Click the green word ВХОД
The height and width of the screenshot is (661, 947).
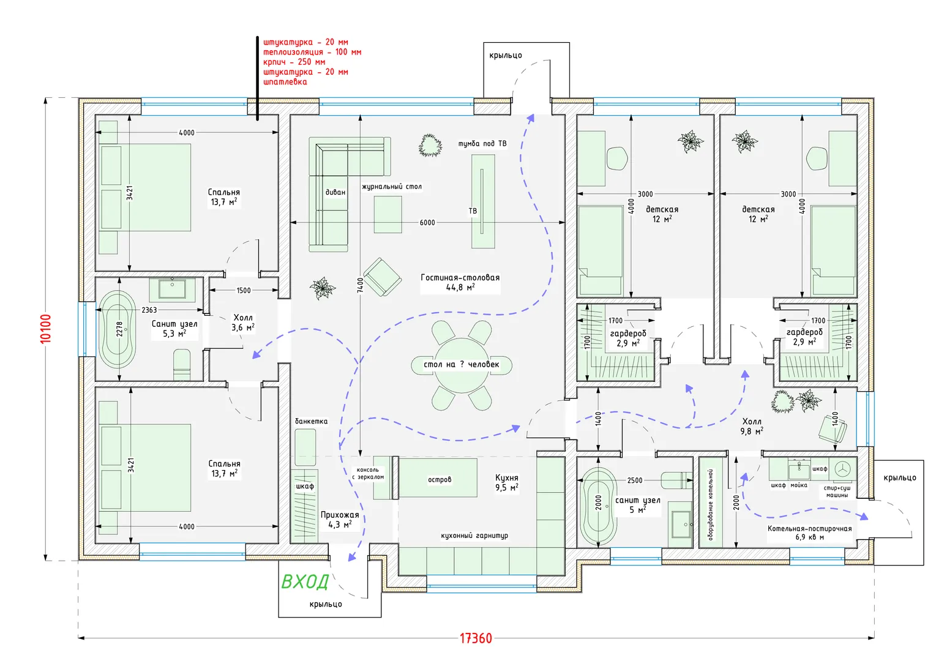pos(305,581)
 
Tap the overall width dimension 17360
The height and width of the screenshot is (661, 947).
pos(476,638)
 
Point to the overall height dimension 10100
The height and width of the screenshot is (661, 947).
pos(46,329)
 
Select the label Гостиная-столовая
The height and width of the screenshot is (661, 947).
pos(460,277)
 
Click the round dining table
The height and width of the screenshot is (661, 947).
pos(462,365)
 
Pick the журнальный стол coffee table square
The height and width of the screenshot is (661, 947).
pos(388,214)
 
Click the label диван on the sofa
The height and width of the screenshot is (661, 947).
pos(335,192)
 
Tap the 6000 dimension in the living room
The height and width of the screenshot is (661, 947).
pos(427,223)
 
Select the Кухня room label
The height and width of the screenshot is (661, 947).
pos(507,478)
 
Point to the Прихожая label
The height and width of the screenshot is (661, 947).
pos(340,515)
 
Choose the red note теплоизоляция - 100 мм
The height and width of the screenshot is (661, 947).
pos(312,52)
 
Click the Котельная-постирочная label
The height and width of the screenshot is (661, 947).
pos(809,529)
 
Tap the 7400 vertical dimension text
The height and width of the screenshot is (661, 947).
pos(361,285)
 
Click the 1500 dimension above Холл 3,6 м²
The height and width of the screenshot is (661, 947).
pos(244,291)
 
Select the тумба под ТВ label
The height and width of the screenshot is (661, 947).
pos(482,144)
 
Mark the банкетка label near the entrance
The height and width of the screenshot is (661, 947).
pos(311,421)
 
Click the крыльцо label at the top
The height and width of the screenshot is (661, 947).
pos(506,56)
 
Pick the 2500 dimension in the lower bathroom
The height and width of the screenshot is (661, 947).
pos(635,480)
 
